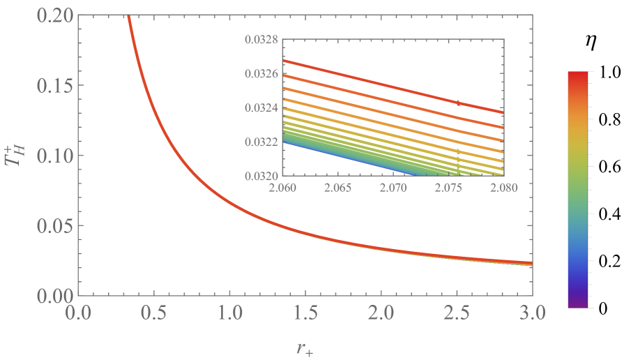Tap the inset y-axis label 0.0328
pos(259,40)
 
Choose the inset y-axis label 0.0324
pos(259,107)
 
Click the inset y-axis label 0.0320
pos(259,175)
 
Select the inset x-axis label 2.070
pos(393,187)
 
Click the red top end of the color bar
pos(581,74)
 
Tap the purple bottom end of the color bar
pos(581,303)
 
